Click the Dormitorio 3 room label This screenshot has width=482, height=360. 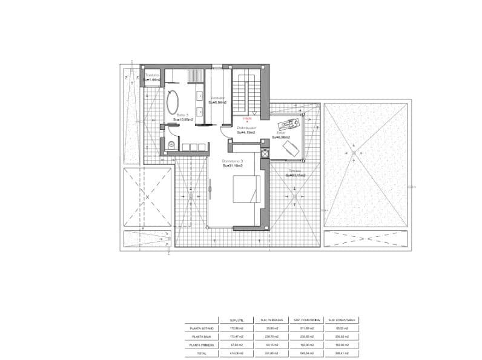click(233, 161)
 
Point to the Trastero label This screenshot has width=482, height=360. click(152, 76)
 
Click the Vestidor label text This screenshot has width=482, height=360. click(217, 98)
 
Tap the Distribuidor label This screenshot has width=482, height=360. click(246, 128)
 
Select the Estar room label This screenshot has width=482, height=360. click(280, 132)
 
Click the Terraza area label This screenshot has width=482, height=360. click(295, 171)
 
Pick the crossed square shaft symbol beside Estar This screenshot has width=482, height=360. click(265, 153)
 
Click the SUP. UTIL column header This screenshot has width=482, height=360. click(237, 320)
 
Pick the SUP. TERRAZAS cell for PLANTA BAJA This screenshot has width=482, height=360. click(271, 336)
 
